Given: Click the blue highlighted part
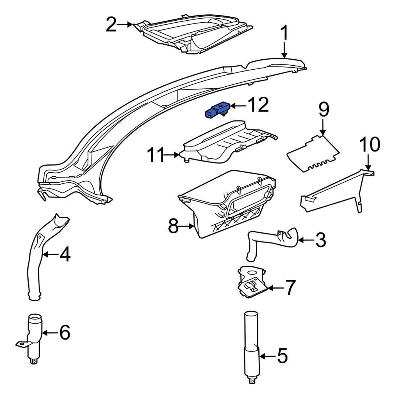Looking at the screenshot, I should (x=216, y=111).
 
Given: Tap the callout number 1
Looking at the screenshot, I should (x=285, y=33).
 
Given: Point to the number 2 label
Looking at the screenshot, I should (x=111, y=25).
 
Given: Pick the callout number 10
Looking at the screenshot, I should (x=370, y=145).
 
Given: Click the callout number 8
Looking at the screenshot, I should (x=174, y=227).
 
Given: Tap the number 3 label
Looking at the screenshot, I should (x=320, y=240).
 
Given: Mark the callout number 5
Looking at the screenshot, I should (x=281, y=356).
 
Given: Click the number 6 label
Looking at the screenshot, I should (x=64, y=332).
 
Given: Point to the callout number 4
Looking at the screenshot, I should (x=65, y=254).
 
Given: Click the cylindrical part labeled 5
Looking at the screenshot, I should (x=252, y=342).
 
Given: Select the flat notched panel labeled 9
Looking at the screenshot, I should (x=313, y=153).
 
